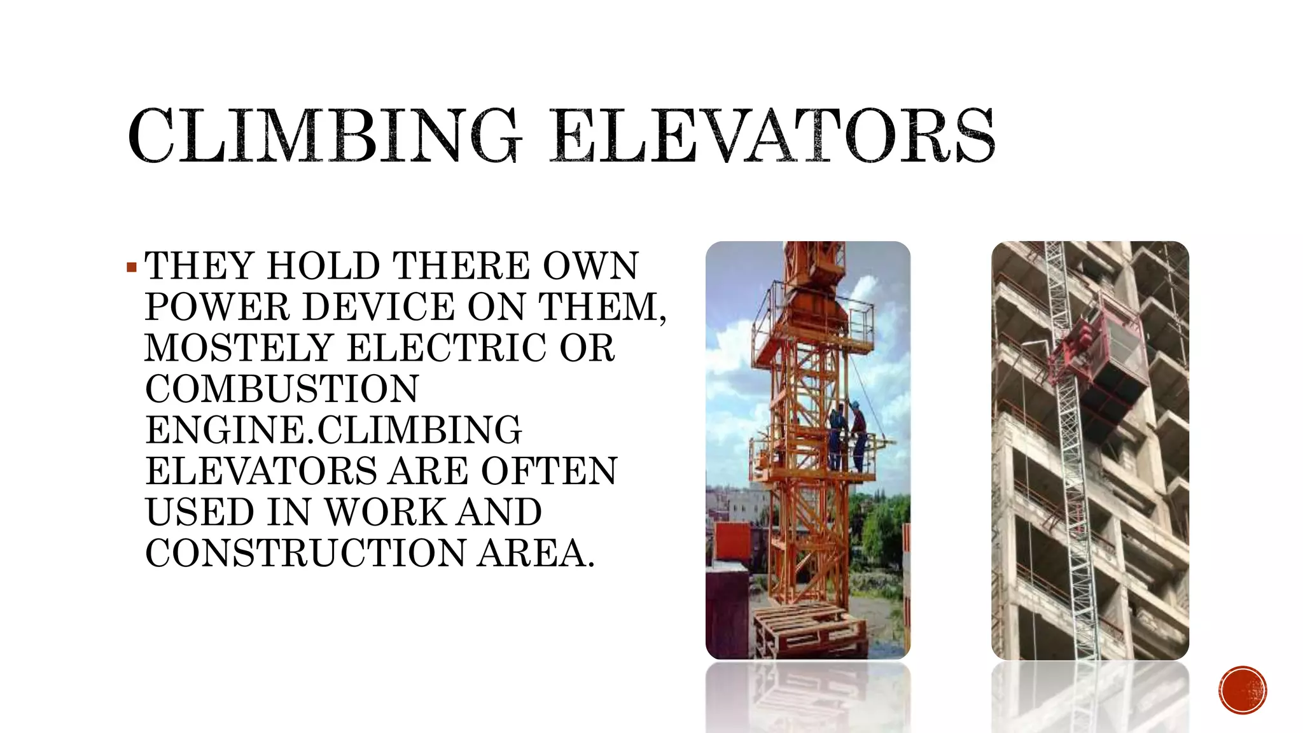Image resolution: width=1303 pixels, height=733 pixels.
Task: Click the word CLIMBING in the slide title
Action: click(x=324, y=135)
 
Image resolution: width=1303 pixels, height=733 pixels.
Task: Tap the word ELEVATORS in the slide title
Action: click(x=772, y=135)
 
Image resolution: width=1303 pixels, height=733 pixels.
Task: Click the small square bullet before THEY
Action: click(x=132, y=267)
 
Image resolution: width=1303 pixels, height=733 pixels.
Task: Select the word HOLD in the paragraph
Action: click(x=324, y=266)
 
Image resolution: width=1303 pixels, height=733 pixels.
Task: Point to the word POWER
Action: click(x=217, y=307)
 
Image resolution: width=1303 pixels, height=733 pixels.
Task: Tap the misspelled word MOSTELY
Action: click(x=239, y=348)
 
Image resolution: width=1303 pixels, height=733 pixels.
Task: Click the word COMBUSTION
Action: click(x=282, y=389)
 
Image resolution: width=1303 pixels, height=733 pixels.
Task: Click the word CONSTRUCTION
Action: click(x=305, y=553)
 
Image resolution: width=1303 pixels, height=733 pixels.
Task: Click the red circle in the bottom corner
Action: click(x=1243, y=690)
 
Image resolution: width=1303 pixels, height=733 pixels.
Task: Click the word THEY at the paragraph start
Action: click(x=200, y=266)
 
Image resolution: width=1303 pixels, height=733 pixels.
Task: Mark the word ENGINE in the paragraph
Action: click(x=226, y=430)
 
